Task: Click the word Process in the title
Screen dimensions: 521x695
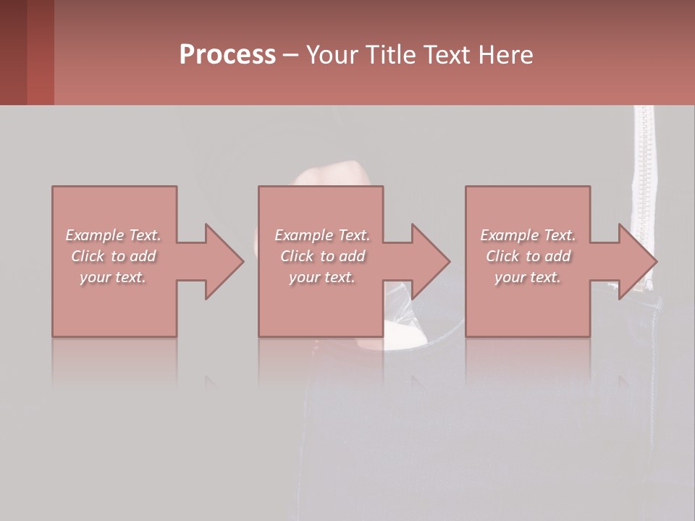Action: pyautogui.click(x=227, y=55)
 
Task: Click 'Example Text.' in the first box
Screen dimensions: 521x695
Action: pyautogui.click(x=113, y=235)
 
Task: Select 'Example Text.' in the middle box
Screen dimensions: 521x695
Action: pyautogui.click(x=322, y=235)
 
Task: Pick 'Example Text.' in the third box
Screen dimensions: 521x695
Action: pyautogui.click(x=528, y=235)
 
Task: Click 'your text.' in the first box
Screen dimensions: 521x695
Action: pyautogui.click(x=113, y=277)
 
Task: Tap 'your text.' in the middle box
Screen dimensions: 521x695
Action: pyautogui.click(x=322, y=277)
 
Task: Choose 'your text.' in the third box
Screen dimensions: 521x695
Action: pyautogui.click(x=528, y=277)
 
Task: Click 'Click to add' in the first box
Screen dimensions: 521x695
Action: pyautogui.click(x=113, y=256)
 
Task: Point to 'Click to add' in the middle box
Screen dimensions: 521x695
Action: pyautogui.click(x=322, y=256)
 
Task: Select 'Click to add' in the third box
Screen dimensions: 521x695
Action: pyautogui.click(x=528, y=256)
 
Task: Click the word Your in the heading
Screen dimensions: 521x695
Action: pyautogui.click(x=332, y=55)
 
